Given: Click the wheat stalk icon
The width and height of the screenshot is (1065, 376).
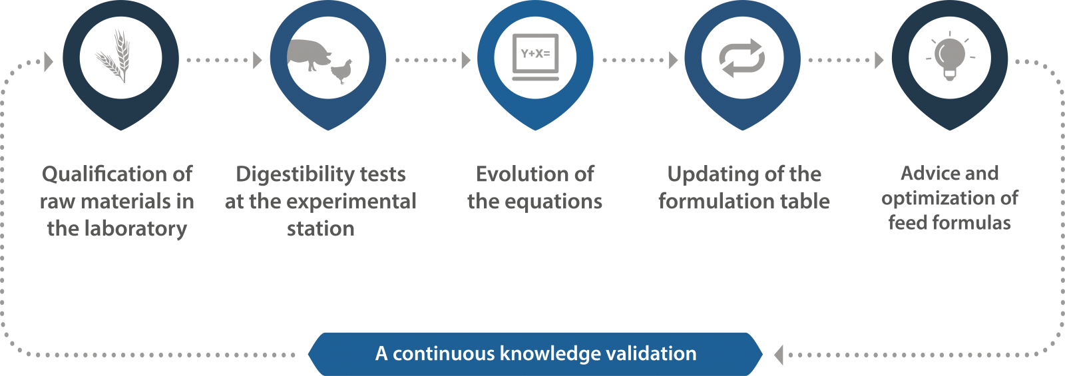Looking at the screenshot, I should (x=114, y=56).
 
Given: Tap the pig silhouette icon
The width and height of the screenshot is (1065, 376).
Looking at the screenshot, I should (x=307, y=54).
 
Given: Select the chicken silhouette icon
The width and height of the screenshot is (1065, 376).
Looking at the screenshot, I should (x=342, y=71).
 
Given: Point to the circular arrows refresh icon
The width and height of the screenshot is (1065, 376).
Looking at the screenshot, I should (x=742, y=58).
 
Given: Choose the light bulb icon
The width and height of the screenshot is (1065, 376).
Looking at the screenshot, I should (x=950, y=57).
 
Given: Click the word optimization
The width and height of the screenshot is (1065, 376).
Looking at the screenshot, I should (x=939, y=198).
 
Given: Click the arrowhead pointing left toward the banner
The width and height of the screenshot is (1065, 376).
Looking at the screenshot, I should (x=778, y=355).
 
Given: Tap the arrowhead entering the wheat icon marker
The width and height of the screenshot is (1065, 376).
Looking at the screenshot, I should (x=49, y=61).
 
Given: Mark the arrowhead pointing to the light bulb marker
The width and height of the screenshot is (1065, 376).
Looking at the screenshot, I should (x=879, y=60).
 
